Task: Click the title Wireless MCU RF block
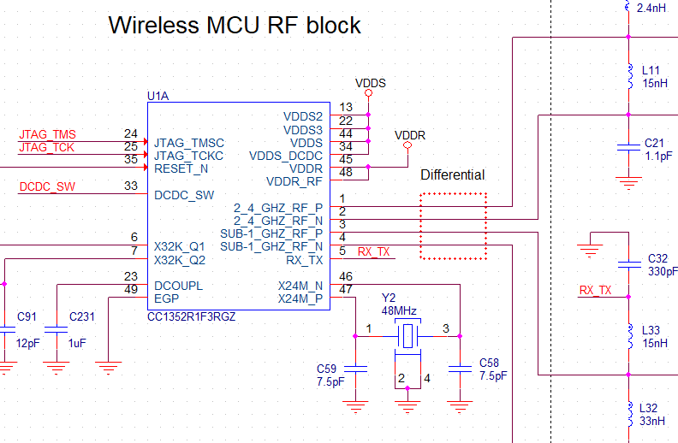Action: [235, 25]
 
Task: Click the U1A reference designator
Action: [158, 96]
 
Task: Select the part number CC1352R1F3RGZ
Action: [192, 316]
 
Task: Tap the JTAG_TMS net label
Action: [47, 134]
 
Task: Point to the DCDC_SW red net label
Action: [47, 186]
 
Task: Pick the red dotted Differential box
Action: [453, 226]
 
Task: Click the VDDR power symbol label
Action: [410, 135]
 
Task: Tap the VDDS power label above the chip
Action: [370, 83]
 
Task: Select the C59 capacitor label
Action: [327, 367]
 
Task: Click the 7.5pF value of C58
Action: [493, 375]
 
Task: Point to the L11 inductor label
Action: [651, 71]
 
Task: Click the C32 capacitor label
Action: [657, 257]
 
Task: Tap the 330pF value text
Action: [662, 271]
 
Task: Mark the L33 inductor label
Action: [651, 329]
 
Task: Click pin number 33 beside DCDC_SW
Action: [130, 186]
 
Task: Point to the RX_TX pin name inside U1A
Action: [304, 260]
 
